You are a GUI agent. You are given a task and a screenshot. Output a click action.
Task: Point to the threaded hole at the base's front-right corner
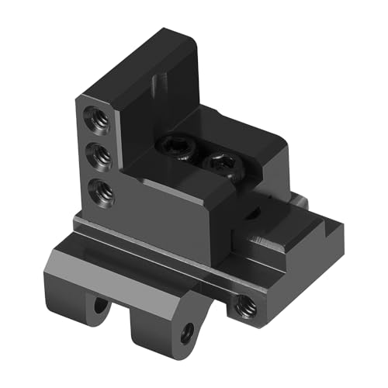coord(244,307)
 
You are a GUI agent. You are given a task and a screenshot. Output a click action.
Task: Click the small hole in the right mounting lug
coord(186,335)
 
